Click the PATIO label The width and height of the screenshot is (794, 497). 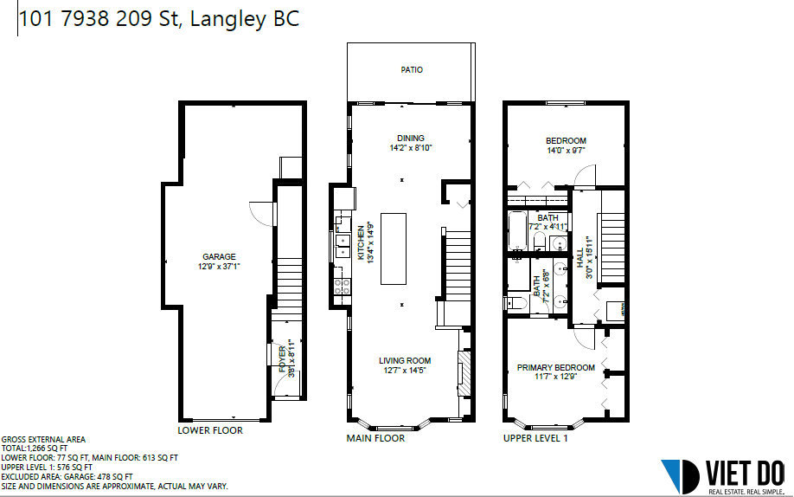point(412,70)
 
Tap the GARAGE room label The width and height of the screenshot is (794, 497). point(220,256)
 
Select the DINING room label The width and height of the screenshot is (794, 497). point(411,138)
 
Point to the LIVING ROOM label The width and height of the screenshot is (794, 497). point(405,360)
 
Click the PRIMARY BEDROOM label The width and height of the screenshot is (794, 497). point(555,367)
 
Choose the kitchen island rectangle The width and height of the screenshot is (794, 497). point(394,248)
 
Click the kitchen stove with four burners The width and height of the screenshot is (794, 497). point(342,287)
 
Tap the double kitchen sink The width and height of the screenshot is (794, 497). point(343,245)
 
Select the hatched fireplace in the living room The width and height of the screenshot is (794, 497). point(464,373)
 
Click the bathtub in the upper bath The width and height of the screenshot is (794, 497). point(518,230)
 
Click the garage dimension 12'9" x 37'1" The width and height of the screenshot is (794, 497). point(219,267)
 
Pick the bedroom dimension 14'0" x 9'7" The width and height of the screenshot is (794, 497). point(567,150)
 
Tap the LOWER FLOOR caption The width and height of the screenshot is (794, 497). point(210,430)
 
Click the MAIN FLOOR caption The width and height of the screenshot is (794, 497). point(375,438)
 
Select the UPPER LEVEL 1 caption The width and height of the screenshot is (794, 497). point(535,438)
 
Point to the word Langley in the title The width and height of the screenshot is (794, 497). point(228,19)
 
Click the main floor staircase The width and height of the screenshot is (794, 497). point(458,265)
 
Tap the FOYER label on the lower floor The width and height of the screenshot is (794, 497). point(282,359)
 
